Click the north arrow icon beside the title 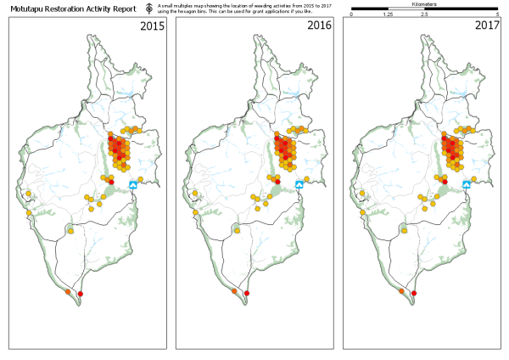click(149, 8)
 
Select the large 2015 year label click(152, 26)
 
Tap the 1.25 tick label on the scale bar click(387, 15)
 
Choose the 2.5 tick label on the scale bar click(424, 15)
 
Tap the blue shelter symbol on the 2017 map click(467, 184)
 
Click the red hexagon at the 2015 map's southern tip click(81, 293)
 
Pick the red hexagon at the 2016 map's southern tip click(247, 293)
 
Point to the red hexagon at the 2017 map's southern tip click(414, 293)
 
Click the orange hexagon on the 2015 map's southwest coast click(68, 291)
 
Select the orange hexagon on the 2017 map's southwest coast click(401, 291)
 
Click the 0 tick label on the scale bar click(351, 15)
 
